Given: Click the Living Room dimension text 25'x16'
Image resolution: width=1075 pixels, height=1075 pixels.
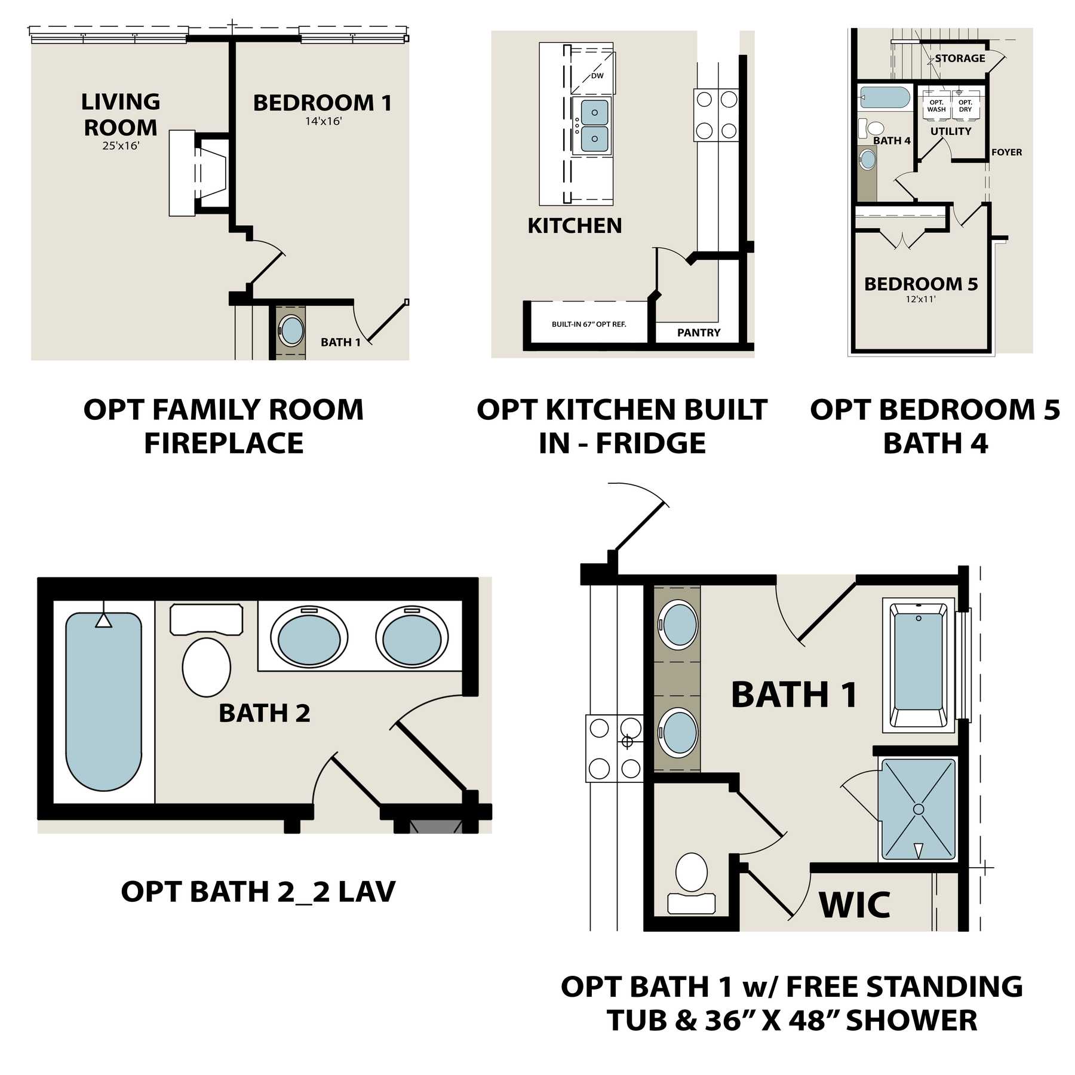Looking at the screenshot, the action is tap(121, 145).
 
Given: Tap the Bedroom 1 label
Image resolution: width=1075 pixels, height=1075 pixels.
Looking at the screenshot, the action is tap(322, 103).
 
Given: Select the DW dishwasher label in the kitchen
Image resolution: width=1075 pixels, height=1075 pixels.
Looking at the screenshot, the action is tap(597, 76).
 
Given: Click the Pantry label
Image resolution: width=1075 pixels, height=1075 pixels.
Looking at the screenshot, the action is tap(699, 333).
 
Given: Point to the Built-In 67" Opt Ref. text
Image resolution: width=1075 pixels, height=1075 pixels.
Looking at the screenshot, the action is tap(589, 324).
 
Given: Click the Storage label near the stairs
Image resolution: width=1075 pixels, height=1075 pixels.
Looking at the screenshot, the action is tap(960, 58).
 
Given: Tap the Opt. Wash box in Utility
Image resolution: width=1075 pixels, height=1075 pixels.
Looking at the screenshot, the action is tap(936, 106).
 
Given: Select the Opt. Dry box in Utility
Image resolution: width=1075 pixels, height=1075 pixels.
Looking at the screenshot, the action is tap(966, 106).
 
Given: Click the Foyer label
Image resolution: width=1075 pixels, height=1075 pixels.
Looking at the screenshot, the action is tap(1006, 152).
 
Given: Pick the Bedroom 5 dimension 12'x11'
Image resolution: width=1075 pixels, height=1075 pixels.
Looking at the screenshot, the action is tap(920, 299).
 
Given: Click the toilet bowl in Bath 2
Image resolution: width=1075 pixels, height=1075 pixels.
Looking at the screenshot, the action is tap(207, 666).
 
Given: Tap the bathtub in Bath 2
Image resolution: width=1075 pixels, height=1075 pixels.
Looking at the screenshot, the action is tap(103, 702).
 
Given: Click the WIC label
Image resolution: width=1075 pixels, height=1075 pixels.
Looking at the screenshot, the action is tap(855, 905).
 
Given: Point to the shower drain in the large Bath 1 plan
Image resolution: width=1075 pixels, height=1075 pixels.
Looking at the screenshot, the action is tap(919, 809).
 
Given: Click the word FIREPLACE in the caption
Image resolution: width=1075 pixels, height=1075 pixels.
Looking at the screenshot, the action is tap(224, 443).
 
